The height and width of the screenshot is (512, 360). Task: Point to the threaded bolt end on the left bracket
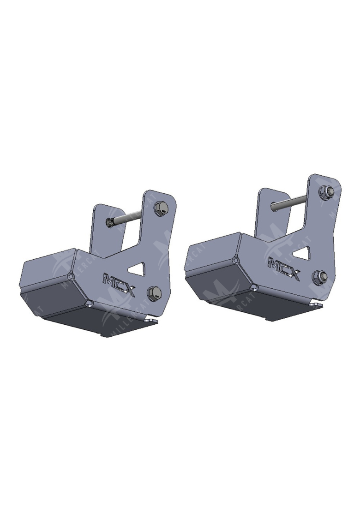pos(111,223)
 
